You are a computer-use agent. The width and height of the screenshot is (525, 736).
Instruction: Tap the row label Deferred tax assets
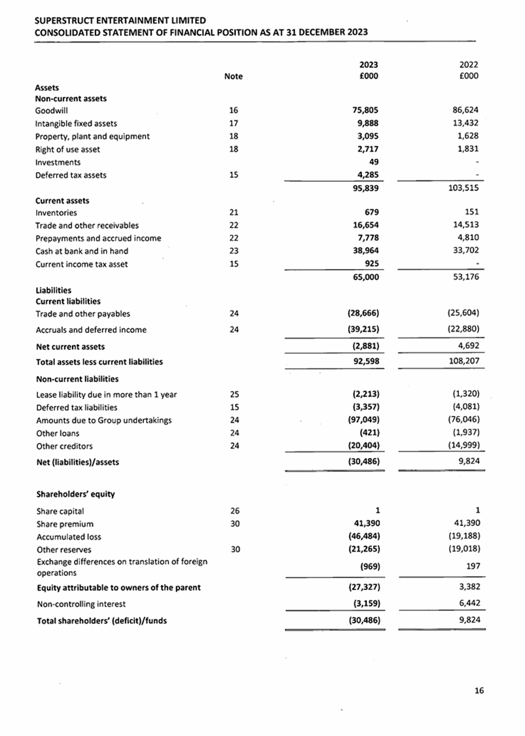click(71, 175)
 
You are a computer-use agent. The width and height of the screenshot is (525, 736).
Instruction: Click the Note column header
click(233, 77)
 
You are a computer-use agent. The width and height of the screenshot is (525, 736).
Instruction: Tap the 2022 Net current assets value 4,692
click(469, 346)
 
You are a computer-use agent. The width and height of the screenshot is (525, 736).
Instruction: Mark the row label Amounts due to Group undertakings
click(103, 420)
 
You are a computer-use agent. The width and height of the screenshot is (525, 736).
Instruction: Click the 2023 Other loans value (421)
click(369, 433)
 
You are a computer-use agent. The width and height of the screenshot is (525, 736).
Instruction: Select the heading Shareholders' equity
click(75, 494)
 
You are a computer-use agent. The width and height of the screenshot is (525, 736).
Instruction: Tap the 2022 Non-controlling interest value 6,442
click(469, 605)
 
